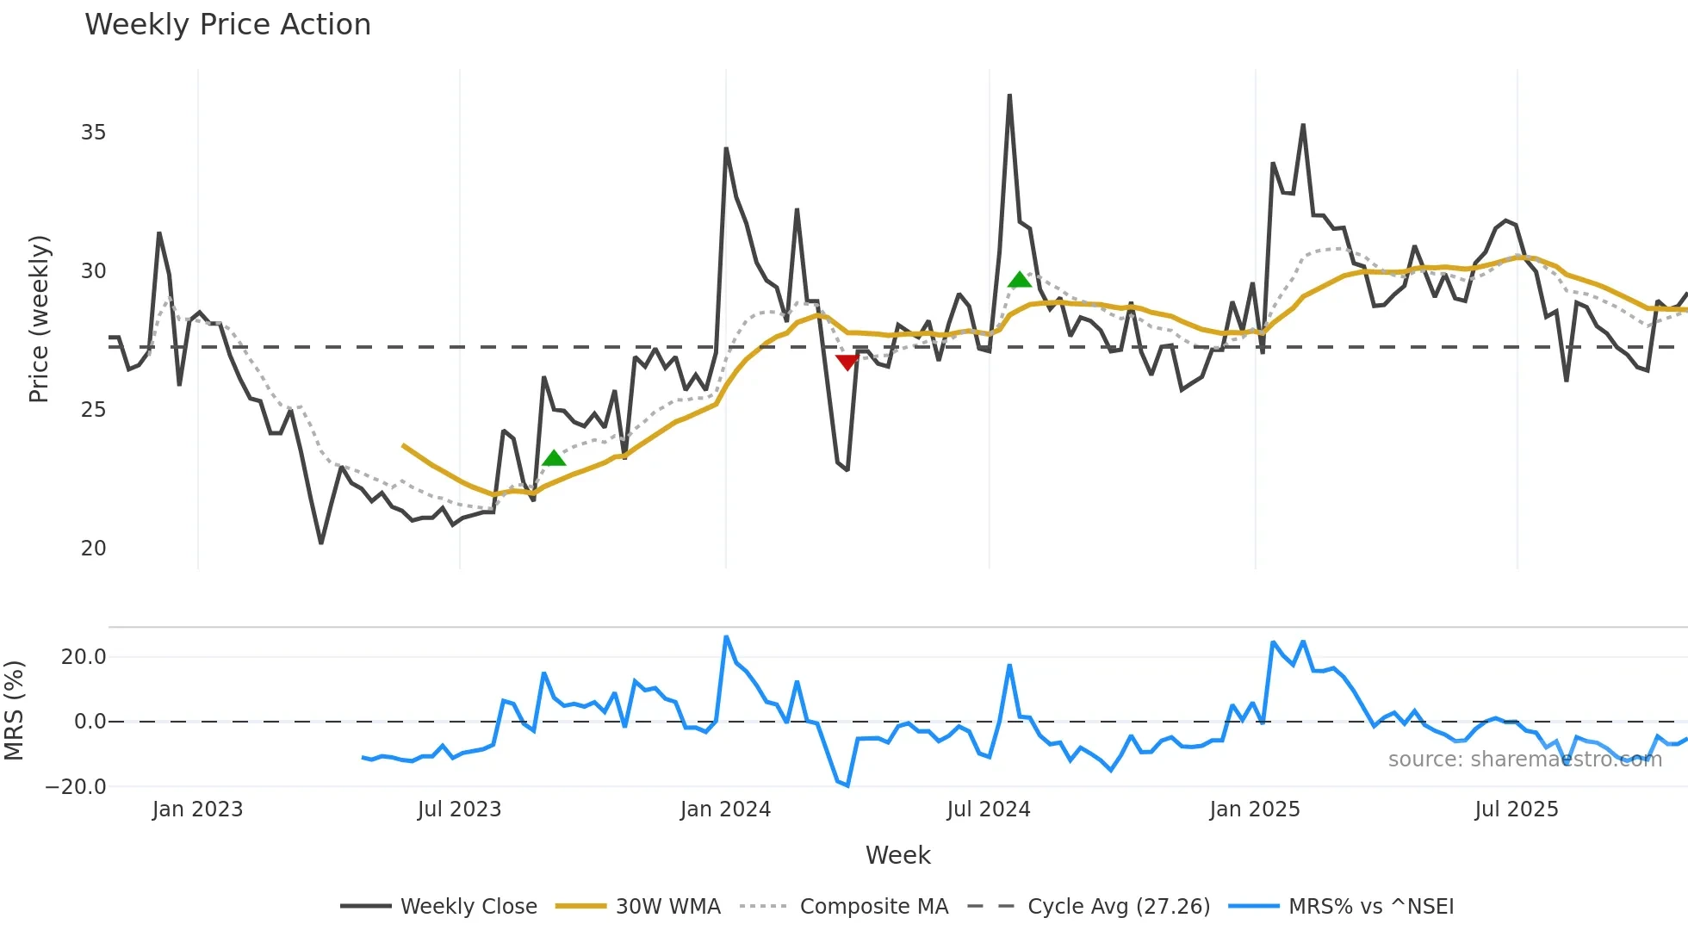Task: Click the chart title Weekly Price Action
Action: click(x=227, y=25)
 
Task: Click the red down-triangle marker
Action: click(x=847, y=363)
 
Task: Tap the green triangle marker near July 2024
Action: click(x=1020, y=280)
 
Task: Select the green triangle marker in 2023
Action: click(x=555, y=458)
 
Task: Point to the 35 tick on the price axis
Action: click(x=93, y=133)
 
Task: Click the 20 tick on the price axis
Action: click(x=93, y=549)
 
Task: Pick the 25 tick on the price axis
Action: click(x=93, y=410)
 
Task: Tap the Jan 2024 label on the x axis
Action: click(x=725, y=809)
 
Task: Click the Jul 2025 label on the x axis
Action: click(x=1517, y=809)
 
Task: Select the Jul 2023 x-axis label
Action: click(x=459, y=809)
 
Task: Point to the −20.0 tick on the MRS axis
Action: click(x=76, y=787)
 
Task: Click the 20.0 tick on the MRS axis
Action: click(x=84, y=657)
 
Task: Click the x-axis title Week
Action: click(x=897, y=855)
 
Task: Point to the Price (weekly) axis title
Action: click(x=39, y=319)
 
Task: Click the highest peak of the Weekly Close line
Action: click(x=1009, y=96)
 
